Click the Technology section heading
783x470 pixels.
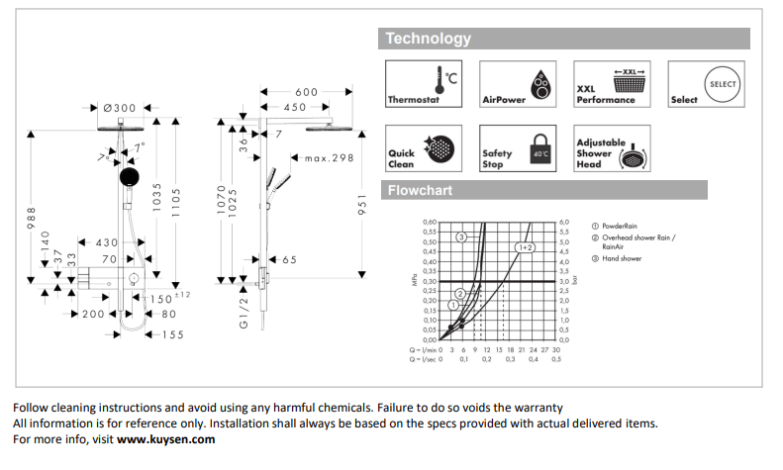[428, 39]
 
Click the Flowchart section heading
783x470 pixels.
[420, 190]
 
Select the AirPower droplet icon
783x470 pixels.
[541, 82]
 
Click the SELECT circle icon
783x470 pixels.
[723, 84]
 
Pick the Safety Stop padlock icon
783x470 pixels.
[540, 149]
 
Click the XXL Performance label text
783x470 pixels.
[605, 95]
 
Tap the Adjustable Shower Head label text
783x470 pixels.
[600, 153]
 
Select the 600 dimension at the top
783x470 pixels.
[307, 92]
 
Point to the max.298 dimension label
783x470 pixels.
[329, 158]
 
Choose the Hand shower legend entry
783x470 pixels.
[623, 258]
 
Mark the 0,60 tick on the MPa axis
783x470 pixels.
[429, 223]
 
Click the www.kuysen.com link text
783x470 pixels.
[165, 439]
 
